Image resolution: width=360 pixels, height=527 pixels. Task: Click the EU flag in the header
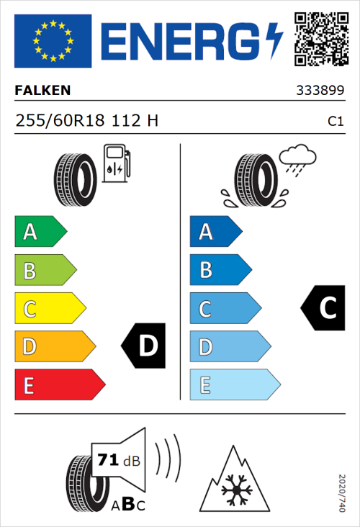[53, 41]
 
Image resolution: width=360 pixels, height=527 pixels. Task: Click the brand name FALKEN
[42, 91]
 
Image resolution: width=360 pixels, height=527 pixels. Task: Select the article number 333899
[320, 91]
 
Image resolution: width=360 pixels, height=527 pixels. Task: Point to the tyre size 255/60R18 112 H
[86, 121]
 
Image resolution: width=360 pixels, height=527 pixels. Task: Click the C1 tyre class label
[335, 122]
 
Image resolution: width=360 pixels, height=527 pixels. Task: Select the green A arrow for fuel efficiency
[40, 232]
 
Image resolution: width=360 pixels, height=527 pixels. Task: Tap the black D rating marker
[144, 346]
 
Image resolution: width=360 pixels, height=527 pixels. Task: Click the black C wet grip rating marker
[322, 308]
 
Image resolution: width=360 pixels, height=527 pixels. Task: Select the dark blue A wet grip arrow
[215, 232]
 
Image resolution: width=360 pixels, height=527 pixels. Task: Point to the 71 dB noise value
[116, 460]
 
